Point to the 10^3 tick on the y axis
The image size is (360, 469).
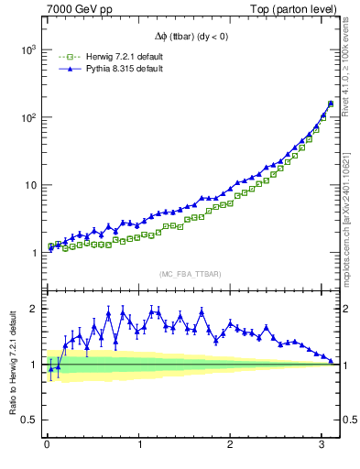point(27,49)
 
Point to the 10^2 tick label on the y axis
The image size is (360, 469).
point(27,117)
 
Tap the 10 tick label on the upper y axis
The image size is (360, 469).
point(29,185)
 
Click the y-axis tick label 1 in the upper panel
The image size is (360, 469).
point(33,253)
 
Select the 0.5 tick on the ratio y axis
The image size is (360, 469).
point(27,420)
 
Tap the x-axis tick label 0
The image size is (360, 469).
point(46,445)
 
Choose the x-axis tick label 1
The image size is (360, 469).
point(138,445)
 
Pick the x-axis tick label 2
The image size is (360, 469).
point(231,445)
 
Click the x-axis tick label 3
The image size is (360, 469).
point(322,445)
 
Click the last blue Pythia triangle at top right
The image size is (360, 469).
point(331,103)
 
